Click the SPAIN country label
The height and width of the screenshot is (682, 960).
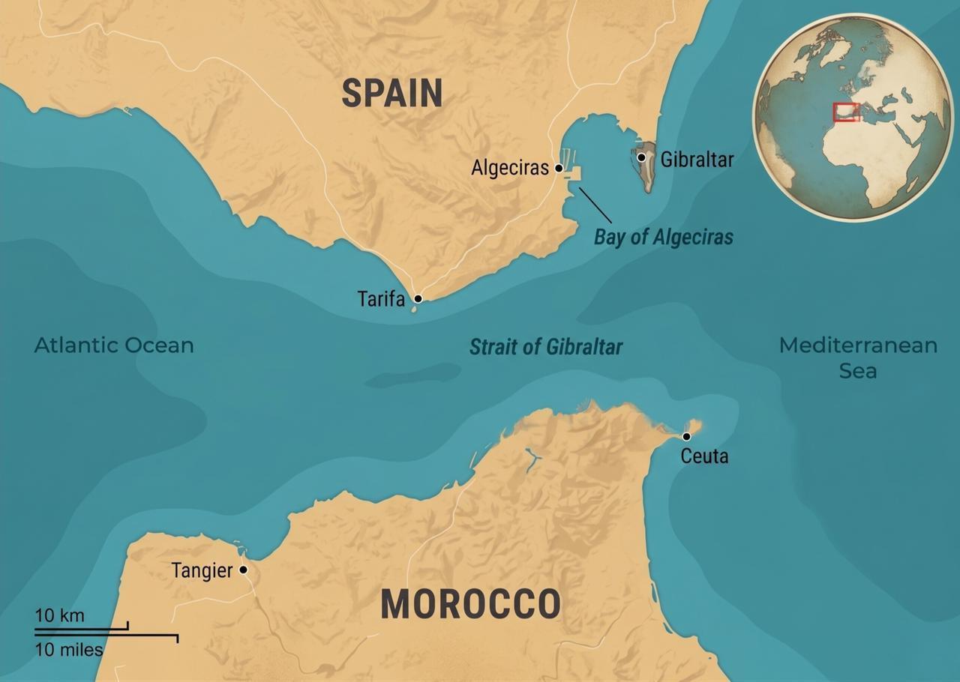[x=391, y=93]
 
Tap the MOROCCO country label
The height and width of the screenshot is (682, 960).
[x=470, y=604]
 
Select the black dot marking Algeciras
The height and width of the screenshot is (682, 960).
[x=559, y=169]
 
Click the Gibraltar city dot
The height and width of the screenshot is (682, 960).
[x=641, y=157]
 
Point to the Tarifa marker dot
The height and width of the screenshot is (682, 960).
[x=418, y=298]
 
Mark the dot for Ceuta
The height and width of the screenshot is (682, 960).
[x=686, y=436]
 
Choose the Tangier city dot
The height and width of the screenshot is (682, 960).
[x=243, y=570]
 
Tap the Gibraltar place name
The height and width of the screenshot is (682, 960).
[x=697, y=159]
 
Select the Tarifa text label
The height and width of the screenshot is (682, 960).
[x=381, y=299]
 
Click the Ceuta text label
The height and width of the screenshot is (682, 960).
[x=704, y=456]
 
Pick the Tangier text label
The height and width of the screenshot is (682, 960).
[x=202, y=570]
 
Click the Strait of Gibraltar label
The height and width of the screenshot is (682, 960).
[x=545, y=347]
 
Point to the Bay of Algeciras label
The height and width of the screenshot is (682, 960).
[x=663, y=238]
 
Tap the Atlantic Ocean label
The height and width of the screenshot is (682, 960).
[x=114, y=345]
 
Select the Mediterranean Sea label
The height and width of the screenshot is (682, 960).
[x=858, y=357]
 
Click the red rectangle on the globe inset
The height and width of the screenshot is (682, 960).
[x=846, y=112]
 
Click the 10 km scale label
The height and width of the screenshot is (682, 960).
[x=60, y=615]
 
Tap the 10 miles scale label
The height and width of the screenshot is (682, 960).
[x=69, y=649]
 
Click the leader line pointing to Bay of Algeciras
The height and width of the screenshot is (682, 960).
[x=595, y=205]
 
